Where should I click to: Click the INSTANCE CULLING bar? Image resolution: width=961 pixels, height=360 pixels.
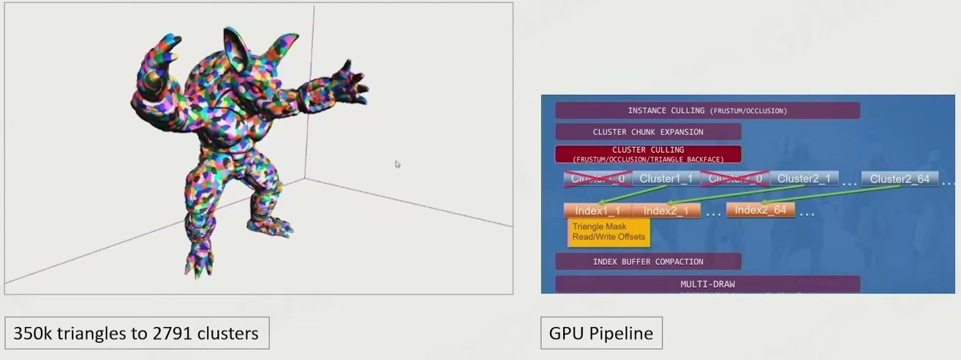pos(707,110)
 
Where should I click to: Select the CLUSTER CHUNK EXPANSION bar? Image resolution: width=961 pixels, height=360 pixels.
pos(648,132)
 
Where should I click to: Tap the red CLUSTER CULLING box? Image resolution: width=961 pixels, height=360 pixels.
pos(648,154)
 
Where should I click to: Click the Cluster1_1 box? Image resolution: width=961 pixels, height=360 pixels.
pos(666,179)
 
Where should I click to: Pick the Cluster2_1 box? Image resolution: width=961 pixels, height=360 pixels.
pos(804,179)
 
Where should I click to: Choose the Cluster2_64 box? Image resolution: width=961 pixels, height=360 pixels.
pos(900,179)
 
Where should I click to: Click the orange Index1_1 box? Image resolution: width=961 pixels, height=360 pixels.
pos(598,211)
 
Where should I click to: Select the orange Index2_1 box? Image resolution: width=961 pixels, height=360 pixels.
pos(666,211)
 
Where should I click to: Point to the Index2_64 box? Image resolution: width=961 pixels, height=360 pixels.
pos(760,210)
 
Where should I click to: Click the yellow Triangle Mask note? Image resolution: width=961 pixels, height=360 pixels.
pos(608,232)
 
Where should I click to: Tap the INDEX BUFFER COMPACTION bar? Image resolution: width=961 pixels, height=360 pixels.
pos(648,261)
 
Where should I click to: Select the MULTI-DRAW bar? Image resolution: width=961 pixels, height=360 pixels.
pos(707,284)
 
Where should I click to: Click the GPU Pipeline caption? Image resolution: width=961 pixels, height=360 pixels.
pos(601,334)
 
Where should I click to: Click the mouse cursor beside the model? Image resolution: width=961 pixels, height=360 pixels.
pos(397,164)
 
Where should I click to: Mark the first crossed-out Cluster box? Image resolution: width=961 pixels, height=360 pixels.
pos(598,179)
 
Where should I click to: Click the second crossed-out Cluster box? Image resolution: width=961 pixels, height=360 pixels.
pos(734,179)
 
